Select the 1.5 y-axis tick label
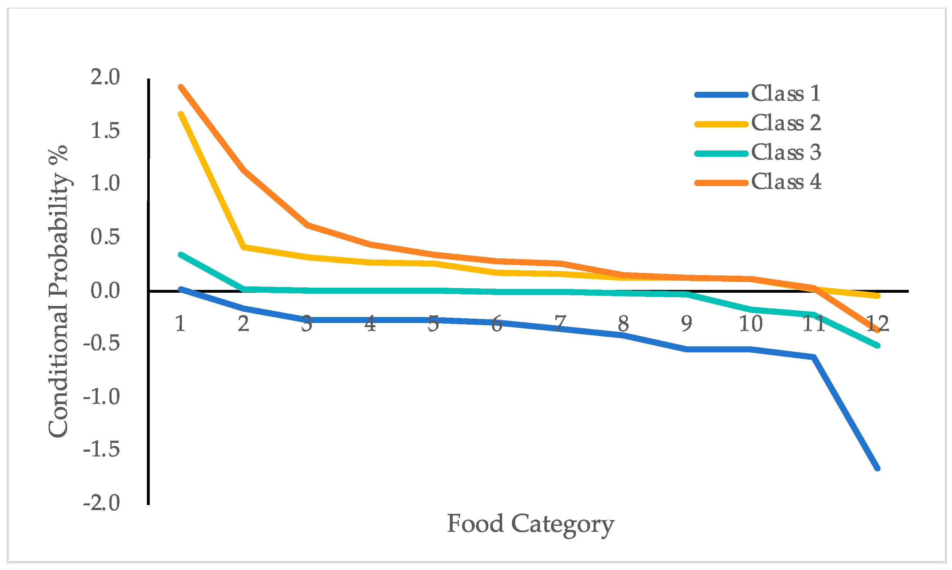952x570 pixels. [105, 131]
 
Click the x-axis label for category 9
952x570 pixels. [687, 324]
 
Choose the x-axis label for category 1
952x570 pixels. [180, 324]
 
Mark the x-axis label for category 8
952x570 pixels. [623, 324]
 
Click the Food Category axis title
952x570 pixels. [530, 524]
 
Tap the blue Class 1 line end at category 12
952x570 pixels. [877, 468]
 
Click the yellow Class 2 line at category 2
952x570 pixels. [244, 247]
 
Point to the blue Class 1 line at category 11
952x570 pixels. [813, 357]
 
